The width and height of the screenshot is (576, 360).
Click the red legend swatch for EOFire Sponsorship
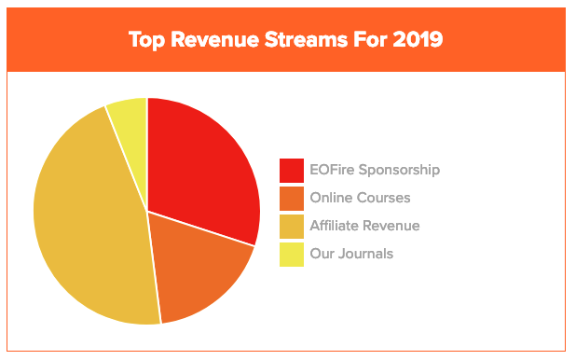[292, 171]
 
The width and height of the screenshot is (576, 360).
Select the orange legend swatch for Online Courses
[292, 198]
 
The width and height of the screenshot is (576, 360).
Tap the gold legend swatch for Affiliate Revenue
[292, 226]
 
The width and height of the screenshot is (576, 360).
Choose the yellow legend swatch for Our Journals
[292, 254]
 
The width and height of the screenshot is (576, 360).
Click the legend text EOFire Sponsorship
[374, 170]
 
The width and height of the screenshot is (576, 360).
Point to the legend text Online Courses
[360, 198]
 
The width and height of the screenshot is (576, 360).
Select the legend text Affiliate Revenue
[364, 226]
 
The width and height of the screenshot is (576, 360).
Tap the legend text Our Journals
[351, 254]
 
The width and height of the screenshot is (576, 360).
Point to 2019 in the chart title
[418, 40]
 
